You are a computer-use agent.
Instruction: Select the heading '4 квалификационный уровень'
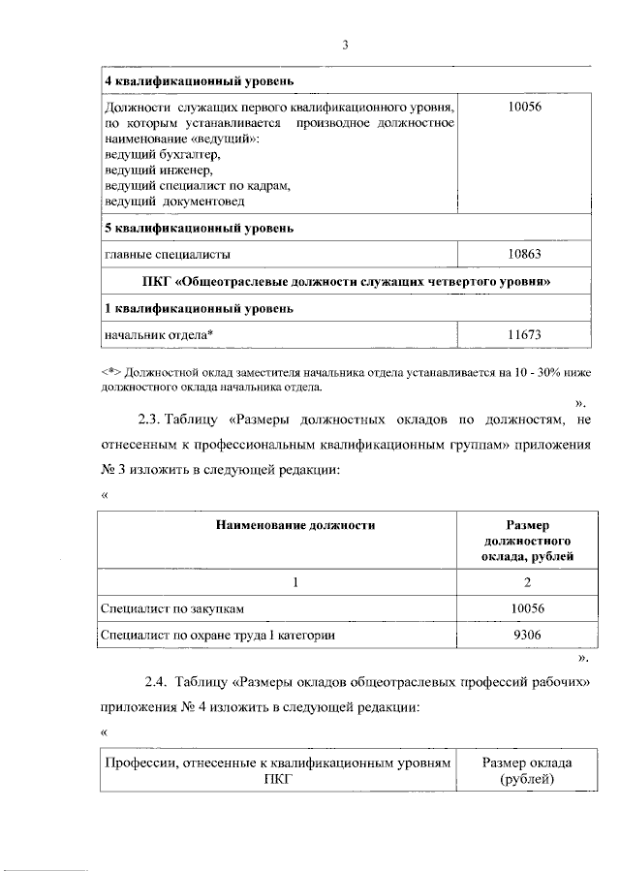pos(199,79)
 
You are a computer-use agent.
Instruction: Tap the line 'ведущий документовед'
pos(174,201)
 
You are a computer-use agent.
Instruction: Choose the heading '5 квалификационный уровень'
pos(199,229)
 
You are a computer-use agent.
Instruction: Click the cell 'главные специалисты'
pos(168,255)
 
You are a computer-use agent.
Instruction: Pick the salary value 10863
pos(524,255)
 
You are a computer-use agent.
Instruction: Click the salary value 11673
pos(524,334)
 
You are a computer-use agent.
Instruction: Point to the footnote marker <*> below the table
pos(112,371)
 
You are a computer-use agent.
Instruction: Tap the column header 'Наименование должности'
pos(294,524)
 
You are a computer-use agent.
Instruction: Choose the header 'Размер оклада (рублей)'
pos(526,770)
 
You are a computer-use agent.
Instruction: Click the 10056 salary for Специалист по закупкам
pos(524,607)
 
